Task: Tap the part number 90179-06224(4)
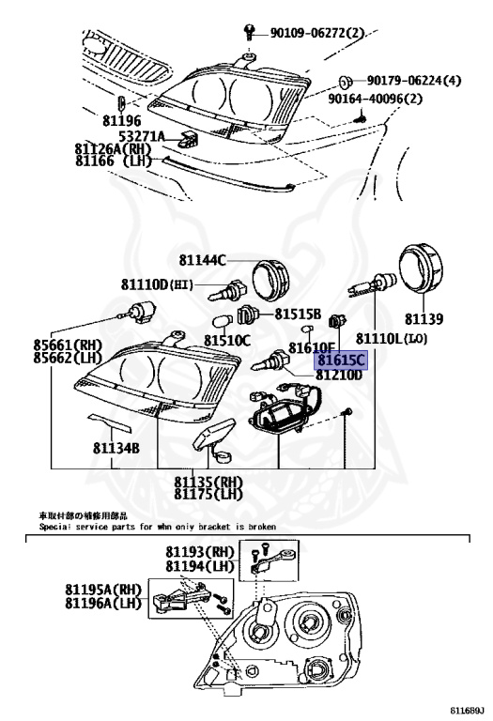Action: [x=414, y=81]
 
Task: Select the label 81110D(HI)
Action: [x=158, y=284]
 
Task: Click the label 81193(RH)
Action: [x=200, y=553]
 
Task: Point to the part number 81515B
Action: [x=299, y=314]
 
